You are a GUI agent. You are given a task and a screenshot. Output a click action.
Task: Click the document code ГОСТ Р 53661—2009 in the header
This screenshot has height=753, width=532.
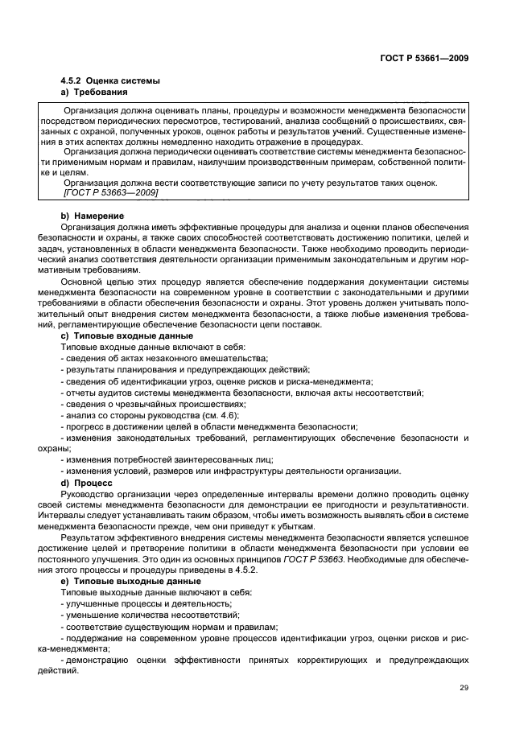click(x=424, y=57)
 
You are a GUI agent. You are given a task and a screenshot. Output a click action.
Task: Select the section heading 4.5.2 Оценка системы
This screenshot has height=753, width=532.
click(x=110, y=81)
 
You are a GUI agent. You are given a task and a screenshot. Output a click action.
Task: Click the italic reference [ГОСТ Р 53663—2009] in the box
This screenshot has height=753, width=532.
click(x=110, y=194)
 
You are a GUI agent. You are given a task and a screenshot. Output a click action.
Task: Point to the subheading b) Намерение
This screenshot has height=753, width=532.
click(x=93, y=216)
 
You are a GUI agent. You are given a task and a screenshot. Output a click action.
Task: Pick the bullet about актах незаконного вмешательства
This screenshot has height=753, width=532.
click(x=163, y=358)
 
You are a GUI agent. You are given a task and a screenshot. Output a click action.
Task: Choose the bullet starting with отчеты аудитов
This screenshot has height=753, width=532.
click(x=241, y=393)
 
